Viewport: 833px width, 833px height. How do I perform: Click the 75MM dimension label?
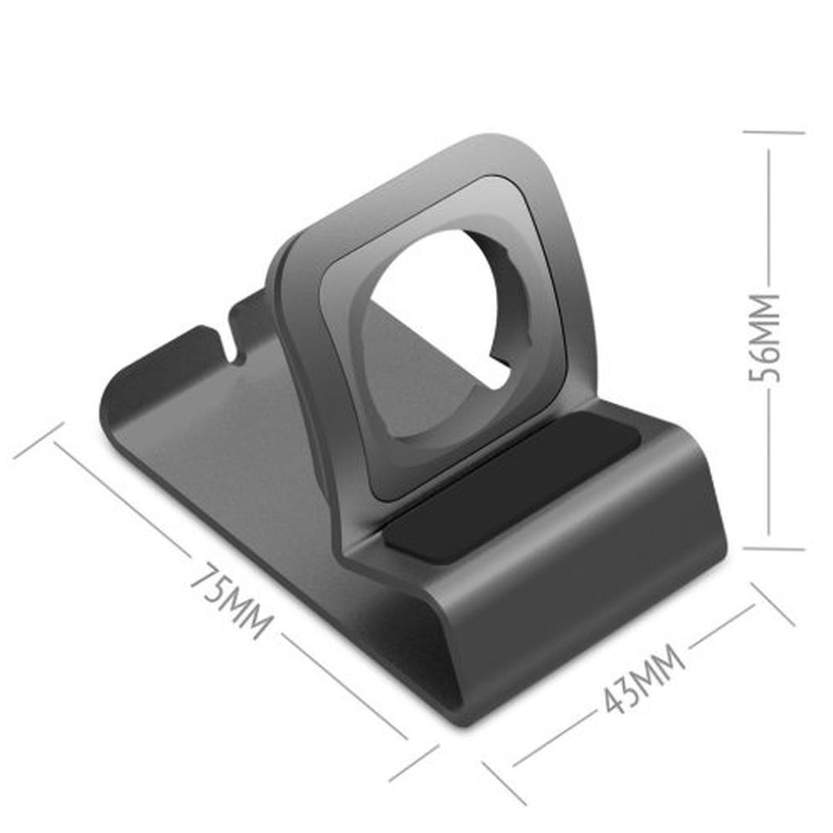(231, 601)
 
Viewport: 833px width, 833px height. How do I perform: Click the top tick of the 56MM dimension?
(774, 133)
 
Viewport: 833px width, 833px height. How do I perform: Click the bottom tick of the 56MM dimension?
(774, 549)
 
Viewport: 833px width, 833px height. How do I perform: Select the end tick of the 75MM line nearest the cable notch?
(38, 440)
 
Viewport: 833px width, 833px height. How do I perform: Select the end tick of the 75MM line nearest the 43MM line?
(414, 763)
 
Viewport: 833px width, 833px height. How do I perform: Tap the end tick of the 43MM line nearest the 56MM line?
(772, 604)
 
